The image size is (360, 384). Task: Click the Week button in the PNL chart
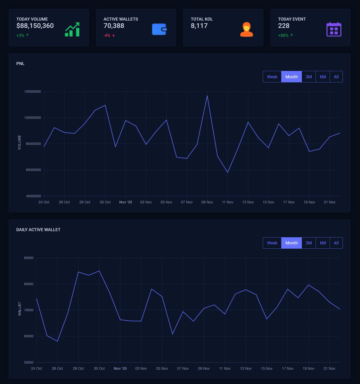pyautogui.click(x=272, y=77)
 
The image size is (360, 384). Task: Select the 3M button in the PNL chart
pyautogui.click(x=308, y=77)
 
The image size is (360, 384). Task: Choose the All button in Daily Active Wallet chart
pyautogui.click(x=336, y=243)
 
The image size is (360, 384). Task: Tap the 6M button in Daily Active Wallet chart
pyautogui.click(x=323, y=243)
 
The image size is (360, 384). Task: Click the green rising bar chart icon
pyautogui.click(x=72, y=29)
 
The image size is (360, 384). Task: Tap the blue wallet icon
pyautogui.click(x=159, y=29)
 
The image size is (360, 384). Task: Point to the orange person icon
pyautogui.click(x=246, y=29)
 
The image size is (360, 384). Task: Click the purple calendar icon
pyautogui.click(x=334, y=29)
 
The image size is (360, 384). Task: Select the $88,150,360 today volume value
pyautogui.click(x=35, y=26)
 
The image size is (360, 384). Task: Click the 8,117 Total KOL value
pyautogui.click(x=199, y=26)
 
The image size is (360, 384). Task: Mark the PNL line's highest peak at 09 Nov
pyautogui.click(x=207, y=96)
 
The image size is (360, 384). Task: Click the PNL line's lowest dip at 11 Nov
pyautogui.click(x=228, y=172)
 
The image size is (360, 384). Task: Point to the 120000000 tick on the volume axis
pyautogui.click(x=33, y=92)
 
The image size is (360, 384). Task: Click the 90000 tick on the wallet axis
pyautogui.click(x=29, y=258)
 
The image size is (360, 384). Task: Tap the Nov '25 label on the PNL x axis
pyautogui.click(x=126, y=202)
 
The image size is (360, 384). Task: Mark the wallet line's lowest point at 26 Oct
pyautogui.click(x=57, y=341)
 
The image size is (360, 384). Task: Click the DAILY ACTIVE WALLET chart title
pyautogui.click(x=38, y=230)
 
